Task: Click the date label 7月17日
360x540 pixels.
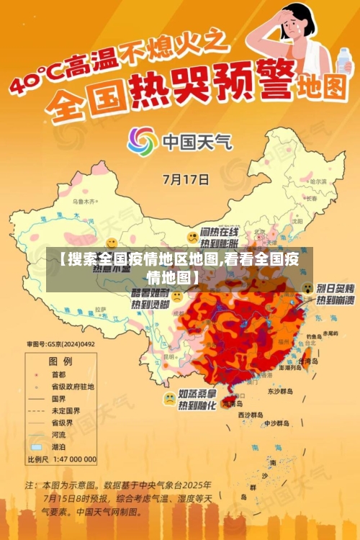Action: coord(186,179)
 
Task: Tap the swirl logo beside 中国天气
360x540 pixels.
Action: coord(143,140)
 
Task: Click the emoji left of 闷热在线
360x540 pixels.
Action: coord(192,237)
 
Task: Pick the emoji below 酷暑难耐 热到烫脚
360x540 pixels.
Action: coord(176,295)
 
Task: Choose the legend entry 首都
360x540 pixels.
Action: coord(57,375)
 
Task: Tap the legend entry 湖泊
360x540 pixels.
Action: coord(57,446)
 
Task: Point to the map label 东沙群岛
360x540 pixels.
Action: coord(282,392)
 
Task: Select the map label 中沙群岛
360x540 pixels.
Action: coord(276,423)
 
